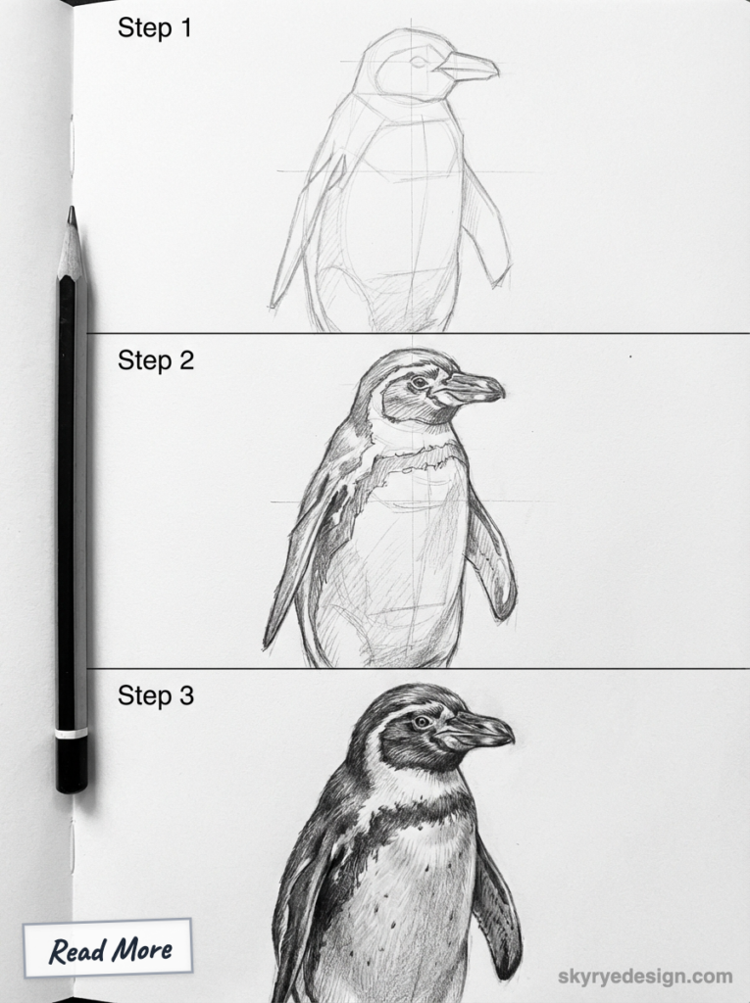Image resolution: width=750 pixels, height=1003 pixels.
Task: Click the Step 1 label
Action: click(155, 28)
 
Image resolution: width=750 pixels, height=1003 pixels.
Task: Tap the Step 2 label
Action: click(156, 360)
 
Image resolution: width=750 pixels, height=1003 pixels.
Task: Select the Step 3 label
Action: click(156, 696)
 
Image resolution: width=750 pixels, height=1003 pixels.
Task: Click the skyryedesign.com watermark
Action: click(644, 976)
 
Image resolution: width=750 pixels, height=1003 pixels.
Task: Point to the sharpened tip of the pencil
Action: click(72, 212)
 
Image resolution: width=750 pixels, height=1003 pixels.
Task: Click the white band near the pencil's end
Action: click(72, 733)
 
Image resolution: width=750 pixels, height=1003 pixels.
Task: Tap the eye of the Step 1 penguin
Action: click(418, 62)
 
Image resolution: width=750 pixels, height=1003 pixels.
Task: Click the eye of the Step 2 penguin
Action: click(420, 382)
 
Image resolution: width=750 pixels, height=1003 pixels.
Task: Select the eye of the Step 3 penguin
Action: click(423, 722)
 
